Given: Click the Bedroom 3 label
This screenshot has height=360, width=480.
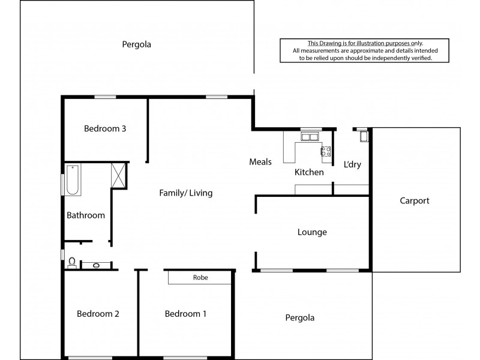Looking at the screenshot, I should (105, 128).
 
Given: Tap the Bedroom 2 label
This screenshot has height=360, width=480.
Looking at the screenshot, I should (98, 313).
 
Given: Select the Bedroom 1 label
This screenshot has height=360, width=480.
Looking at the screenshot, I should (186, 313).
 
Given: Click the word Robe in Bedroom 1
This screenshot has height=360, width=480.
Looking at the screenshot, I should (200, 278).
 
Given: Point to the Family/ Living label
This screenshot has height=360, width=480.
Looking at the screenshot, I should (185, 193).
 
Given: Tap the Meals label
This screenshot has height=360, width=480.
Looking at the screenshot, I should (261, 162).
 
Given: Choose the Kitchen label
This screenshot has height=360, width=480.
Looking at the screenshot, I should (309, 172).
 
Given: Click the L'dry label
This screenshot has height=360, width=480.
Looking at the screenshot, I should (352, 164).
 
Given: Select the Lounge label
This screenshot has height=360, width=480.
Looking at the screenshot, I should (312, 232).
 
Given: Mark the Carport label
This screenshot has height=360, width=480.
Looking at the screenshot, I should (415, 201).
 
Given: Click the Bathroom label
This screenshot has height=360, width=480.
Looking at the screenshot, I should (86, 215).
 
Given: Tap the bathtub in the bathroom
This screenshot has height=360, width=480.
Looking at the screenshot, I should (72, 180).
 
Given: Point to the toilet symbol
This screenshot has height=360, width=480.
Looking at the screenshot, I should (72, 262).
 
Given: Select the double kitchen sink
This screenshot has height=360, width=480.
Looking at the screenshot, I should (310, 137).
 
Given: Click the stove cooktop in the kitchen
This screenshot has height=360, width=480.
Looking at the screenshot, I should (326, 152).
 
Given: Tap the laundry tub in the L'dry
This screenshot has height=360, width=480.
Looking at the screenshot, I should (362, 137).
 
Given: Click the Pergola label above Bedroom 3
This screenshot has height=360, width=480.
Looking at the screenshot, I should (136, 44).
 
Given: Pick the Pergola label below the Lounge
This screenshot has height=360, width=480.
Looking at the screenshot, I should (299, 318).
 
